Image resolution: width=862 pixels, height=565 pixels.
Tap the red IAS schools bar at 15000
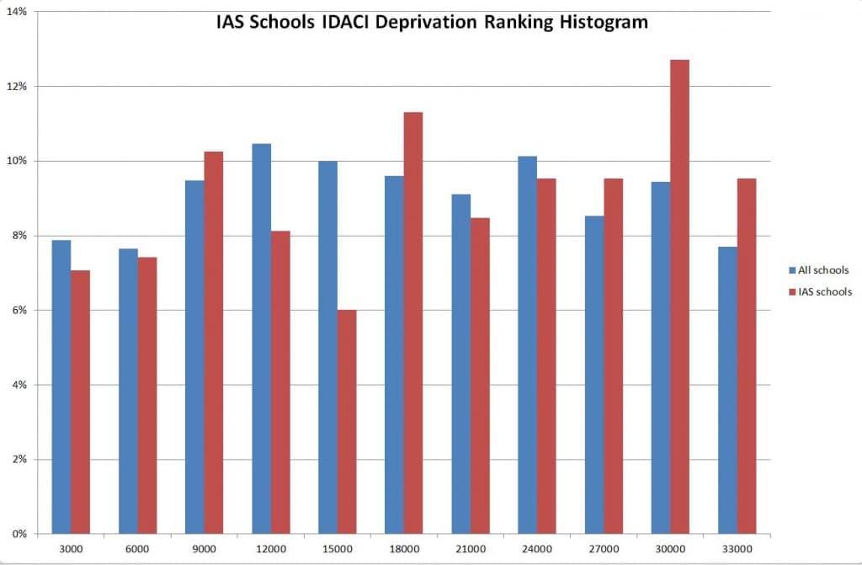pyautogui.click(x=347, y=421)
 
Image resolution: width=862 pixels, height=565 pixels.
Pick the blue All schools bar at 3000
pyautogui.click(x=61, y=386)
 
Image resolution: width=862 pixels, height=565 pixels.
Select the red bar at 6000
pyautogui.click(x=146, y=395)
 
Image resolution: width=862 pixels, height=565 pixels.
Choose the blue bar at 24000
pyautogui.click(x=527, y=344)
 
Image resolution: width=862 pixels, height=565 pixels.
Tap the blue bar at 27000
pyautogui.click(x=593, y=375)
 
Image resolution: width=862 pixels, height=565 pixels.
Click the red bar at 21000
pyautogui.click(x=480, y=376)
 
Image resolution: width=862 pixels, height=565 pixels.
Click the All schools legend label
pyautogui.click(x=824, y=270)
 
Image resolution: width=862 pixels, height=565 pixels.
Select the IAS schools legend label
pyautogui.click(x=824, y=292)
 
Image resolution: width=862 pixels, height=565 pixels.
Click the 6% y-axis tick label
pyautogui.click(x=19, y=310)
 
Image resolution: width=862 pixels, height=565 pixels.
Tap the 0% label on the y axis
pyautogui.click(x=19, y=534)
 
